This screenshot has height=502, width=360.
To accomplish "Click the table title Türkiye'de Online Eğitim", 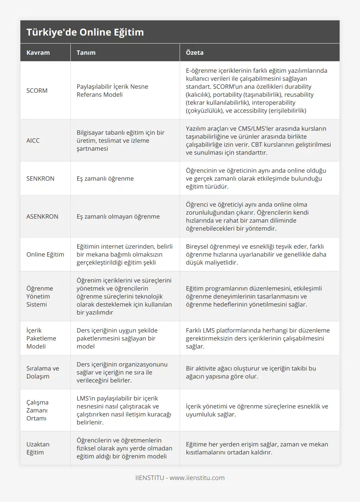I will point(85,32).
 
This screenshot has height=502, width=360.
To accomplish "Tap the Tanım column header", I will point(86,52).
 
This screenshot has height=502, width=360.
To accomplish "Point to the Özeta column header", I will point(195,52).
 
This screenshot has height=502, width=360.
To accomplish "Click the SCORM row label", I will point(37,91).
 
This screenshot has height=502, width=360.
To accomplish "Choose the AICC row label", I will point(33,141).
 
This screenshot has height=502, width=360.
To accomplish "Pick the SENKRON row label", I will point(40,179).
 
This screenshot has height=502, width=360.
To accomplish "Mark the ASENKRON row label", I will point(42,217).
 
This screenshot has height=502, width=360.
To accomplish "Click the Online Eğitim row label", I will point(45,255).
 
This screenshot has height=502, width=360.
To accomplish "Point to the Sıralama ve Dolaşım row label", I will point(42,372).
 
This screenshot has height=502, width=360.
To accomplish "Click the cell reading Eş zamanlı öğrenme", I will point(105,179).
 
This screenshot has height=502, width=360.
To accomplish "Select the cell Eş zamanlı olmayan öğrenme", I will point(118,217).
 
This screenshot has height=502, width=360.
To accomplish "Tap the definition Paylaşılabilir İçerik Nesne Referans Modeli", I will point(112,91).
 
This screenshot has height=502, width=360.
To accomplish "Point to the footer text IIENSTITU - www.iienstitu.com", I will point(180,478).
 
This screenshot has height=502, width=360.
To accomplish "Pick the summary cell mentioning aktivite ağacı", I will point(251,372).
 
